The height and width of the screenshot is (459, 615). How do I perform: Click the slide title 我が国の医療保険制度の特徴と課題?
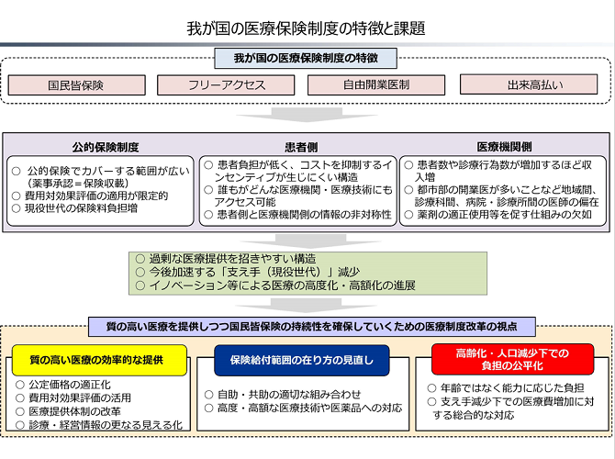point(306,28)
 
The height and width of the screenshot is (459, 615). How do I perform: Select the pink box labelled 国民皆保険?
point(77,85)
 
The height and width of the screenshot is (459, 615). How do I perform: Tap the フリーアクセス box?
point(226,85)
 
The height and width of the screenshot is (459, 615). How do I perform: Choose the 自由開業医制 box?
point(376,84)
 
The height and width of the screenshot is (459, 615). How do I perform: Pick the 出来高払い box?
point(529,84)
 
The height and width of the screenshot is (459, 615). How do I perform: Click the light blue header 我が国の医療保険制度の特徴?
point(306,59)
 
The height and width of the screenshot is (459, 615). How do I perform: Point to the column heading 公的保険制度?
point(106,148)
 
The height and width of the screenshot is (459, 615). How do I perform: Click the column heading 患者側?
point(301,148)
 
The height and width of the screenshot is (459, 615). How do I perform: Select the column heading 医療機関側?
point(505,147)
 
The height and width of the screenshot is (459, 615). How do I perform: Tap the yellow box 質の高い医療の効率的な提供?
point(100,360)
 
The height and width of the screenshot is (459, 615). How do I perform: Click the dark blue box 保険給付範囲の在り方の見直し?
point(302,360)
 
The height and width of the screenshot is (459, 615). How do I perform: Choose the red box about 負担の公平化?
point(512,359)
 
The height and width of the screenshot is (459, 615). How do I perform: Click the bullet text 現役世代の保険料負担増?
point(81,208)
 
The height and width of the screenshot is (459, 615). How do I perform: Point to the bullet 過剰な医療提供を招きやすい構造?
point(232,259)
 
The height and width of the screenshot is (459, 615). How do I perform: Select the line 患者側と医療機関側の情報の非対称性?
point(305,215)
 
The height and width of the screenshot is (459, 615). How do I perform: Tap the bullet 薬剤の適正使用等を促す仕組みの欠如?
point(505,215)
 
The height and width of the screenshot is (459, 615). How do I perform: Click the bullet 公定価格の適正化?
point(70,385)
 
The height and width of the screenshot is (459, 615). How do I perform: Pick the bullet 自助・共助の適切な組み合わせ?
point(289,394)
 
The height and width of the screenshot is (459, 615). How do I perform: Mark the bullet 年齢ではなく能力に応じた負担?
point(512,388)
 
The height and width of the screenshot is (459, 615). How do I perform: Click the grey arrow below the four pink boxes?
point(307,115)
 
